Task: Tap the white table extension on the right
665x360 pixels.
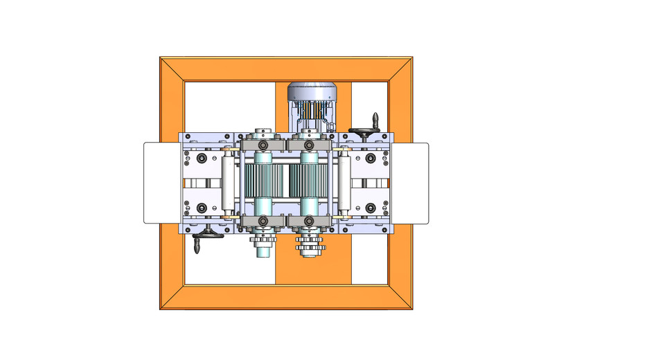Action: click(411, 183)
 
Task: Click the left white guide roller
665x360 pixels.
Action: click(227, 183)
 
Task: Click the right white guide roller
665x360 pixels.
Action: click(342, 183)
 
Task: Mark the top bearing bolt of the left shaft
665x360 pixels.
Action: click(264, 145)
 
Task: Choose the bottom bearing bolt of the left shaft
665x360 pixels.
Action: click(264, 221)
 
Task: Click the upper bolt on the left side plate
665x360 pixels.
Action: click(202, 159)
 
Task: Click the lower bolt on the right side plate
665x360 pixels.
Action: click(370, 207)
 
